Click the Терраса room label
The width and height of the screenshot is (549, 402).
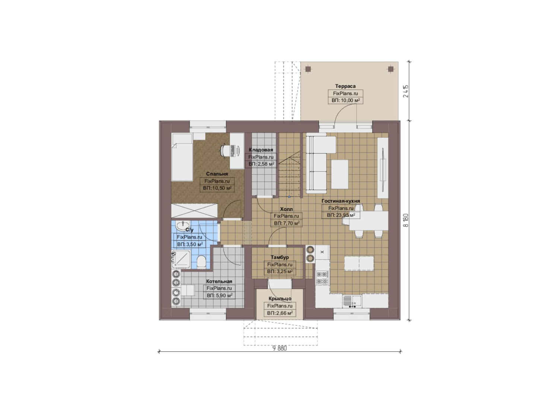pyautogui.click(x=345, y=86)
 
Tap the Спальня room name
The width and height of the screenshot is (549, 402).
pyautogui.click(x=217, y=174)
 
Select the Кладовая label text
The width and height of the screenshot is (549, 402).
pyautogui.click(x=261, y=150)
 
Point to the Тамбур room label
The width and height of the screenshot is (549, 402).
pyautogui.click(x=280, y=257)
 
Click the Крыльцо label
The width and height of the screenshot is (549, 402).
pyautogui.click(x=280, y=299)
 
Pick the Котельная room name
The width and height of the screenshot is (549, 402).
pyautogui.click(x=219, y=281)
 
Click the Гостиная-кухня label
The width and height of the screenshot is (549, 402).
pyautogui.click(x=341, y=201)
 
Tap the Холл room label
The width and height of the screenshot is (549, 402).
pyautogui.click(x=286, y=209)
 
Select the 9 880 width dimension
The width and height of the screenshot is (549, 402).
pyautogui.click(x=280, y=348)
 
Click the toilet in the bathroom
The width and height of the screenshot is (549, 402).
pyautogui.click(x=201, y=262)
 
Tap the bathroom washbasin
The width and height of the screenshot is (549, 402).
pyautogui.click(x=183, y=226)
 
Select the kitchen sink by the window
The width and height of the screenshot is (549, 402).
pyautogui.click(x=352, y=301)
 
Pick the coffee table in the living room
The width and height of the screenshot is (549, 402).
pyautogui.click(x=340, y=175)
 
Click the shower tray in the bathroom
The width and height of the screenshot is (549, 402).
pyautogui.click(x=181, y=259)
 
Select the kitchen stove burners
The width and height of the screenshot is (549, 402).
pyautogui.click(x=322, y=278)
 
